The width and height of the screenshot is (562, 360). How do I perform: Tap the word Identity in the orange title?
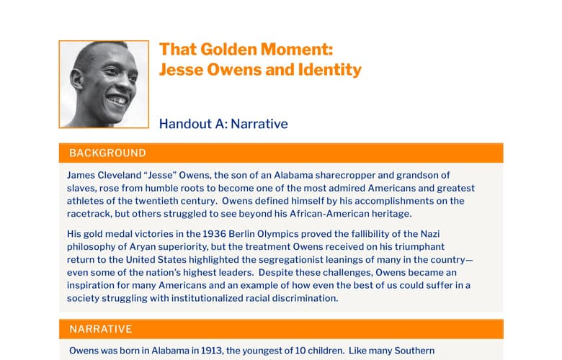pyautogui.click(x=330, y=71)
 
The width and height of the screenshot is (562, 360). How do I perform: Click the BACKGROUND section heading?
pyautogui.click(x=107, y=153)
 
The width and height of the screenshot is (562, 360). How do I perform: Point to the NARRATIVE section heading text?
pyautogui.click(x=101, y=329)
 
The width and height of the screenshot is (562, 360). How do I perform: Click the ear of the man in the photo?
pyautogui.click(x=76, y=79)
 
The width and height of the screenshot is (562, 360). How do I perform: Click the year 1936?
pyautogui.click(x=214, y=234)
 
